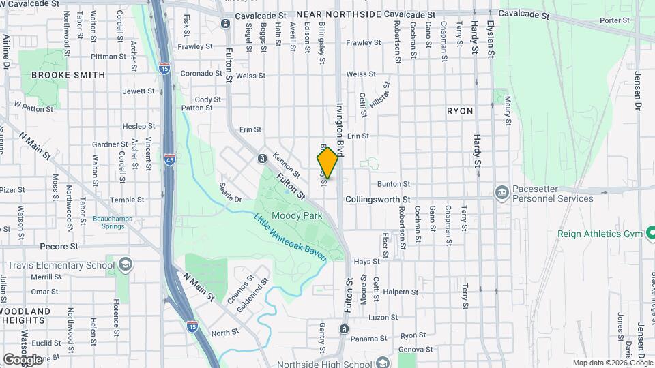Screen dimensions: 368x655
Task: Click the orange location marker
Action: point(328,163)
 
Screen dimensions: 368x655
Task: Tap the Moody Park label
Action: point(296,215)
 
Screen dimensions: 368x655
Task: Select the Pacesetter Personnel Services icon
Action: point(502,192)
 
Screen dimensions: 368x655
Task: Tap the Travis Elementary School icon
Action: point(125,264)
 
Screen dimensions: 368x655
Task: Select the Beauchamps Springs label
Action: point(109,223)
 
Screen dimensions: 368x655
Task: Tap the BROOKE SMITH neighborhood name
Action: point(68,75)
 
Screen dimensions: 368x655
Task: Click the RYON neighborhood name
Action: point(459,110)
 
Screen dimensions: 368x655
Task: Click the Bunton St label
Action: point(394,184)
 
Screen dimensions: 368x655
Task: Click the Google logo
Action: point(23,359)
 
